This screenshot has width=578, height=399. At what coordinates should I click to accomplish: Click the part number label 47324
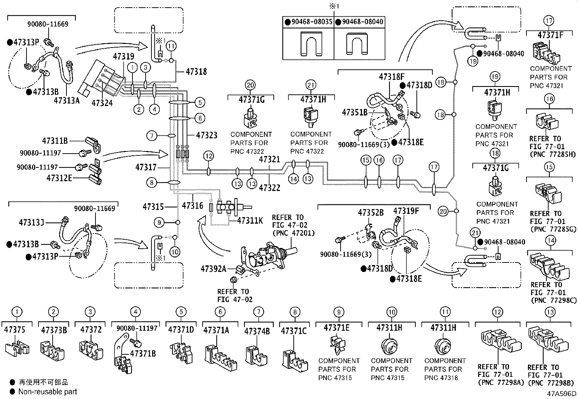(x=102, y=103)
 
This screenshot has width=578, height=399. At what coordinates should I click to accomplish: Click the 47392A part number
(x=213, y=269)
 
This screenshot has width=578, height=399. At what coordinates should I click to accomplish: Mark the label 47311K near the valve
(x=250, y=220)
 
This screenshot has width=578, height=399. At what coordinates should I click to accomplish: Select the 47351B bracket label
(x=355, y=113)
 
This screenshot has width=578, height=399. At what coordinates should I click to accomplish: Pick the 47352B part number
(x=371, y=213)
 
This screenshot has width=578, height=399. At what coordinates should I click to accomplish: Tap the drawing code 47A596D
(x=562, y=394)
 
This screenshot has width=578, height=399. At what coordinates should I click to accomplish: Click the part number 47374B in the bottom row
(x=257, y=331)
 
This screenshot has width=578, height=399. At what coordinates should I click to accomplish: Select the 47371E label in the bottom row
(x=337, y=327)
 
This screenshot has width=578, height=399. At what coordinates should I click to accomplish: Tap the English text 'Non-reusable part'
(x=48, y=391)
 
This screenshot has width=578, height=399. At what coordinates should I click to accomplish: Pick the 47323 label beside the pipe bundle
(x=207, y=135)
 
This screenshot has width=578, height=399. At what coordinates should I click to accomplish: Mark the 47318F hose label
(x=392, y=77)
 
